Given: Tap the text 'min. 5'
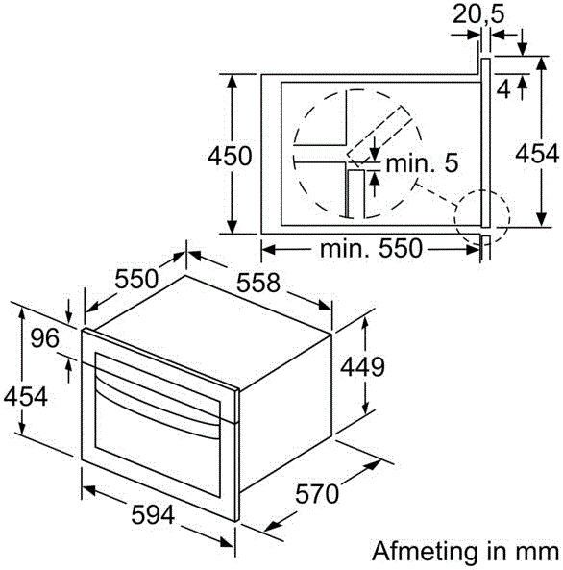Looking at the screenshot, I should click(422, 163).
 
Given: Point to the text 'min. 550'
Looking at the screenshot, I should click(370, 249).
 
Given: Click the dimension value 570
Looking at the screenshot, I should click(317, 494).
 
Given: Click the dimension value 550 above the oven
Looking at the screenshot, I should click(136, 279).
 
